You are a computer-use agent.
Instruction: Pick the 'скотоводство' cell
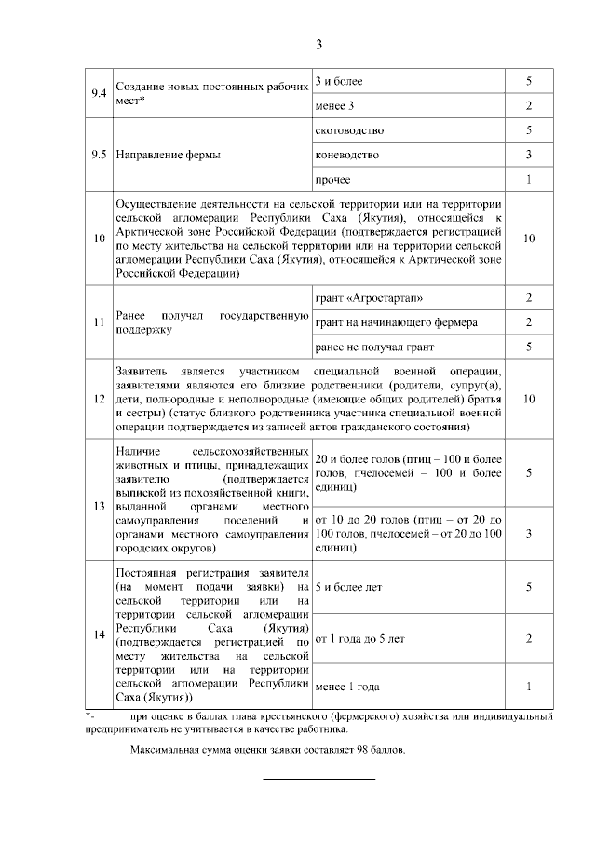pos(350,129)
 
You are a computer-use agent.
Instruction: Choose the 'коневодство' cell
pos(347,154)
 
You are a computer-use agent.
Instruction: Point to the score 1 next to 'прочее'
pos(528,179)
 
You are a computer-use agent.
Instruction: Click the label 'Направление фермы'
pos(168,155)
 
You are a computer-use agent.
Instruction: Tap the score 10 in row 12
pos(528,398)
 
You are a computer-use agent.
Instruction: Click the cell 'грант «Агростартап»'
pos(362,298)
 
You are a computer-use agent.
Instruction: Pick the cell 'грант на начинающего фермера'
pos(397,322)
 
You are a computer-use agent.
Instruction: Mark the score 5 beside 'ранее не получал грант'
pos(528,347)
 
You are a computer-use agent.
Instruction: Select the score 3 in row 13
pos(528,533)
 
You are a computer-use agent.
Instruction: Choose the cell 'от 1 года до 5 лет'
pos(360,639)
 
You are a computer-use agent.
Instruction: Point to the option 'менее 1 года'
pos(347,687)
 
